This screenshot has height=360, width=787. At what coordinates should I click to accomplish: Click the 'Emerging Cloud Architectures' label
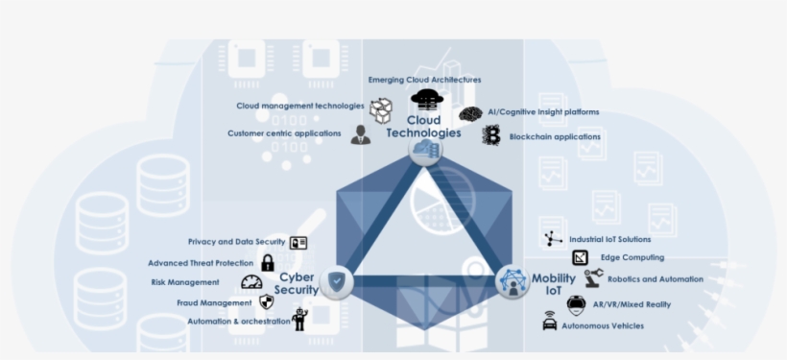424,80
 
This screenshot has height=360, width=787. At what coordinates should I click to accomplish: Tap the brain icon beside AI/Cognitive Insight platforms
470,113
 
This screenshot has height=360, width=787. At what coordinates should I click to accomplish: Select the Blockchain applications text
555,137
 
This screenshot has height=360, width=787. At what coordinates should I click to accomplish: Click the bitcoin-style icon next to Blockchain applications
492,136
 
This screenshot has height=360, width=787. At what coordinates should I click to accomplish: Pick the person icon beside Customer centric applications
361,134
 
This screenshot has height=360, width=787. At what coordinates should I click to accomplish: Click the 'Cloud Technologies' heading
423,127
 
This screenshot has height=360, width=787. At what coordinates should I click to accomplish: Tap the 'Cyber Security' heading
297,283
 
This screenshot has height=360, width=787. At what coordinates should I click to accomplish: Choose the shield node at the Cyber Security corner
337,281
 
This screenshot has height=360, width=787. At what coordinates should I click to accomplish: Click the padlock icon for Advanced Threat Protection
268,262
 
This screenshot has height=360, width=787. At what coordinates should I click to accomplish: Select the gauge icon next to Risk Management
251,282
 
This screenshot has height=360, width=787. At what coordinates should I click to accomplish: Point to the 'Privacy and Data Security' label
237,242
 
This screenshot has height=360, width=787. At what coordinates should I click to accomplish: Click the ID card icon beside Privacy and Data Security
298,242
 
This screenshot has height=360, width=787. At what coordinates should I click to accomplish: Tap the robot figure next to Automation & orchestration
299,320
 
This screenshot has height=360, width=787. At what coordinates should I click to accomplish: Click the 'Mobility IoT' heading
554,283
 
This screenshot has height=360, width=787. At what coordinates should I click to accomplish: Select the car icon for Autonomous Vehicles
550,324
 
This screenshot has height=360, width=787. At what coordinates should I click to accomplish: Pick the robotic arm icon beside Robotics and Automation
592,278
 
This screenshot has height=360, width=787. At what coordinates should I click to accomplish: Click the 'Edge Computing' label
632,257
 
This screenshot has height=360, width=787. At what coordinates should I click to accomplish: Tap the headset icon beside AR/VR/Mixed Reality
576,303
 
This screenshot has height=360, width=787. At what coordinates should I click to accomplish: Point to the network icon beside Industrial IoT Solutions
553,239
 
